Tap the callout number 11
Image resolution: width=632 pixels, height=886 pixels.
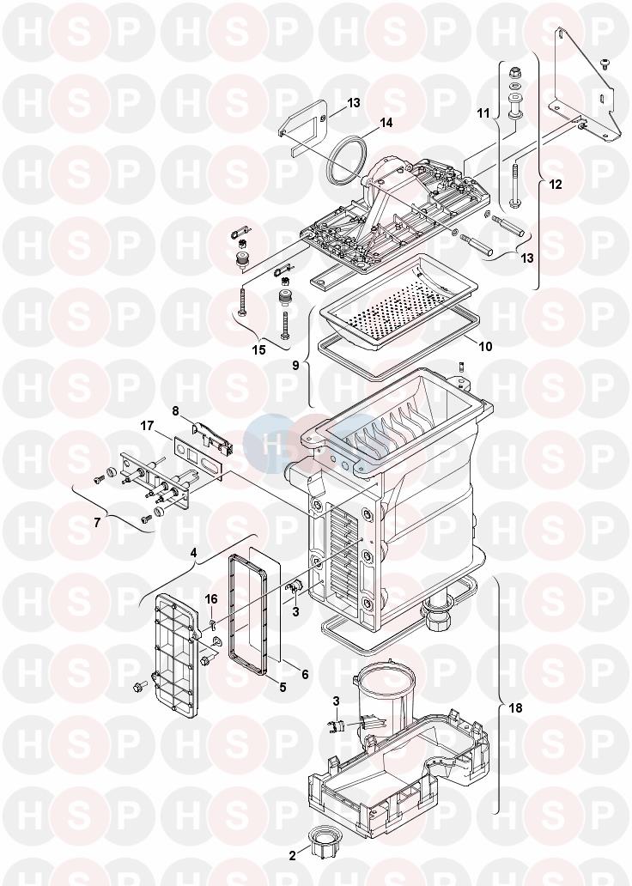coord(483,112)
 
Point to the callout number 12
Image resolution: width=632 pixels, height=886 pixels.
coord(555,184)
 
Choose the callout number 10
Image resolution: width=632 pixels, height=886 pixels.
coord(484,347)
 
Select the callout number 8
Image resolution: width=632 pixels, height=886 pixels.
coord(176,411)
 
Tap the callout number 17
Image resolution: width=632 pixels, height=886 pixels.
coord(147,424)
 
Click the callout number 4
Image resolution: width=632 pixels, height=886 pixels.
coord(194,554)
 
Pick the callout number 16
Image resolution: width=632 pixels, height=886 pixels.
coord(211,598)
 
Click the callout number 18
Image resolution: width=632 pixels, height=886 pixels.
coord(514,708)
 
